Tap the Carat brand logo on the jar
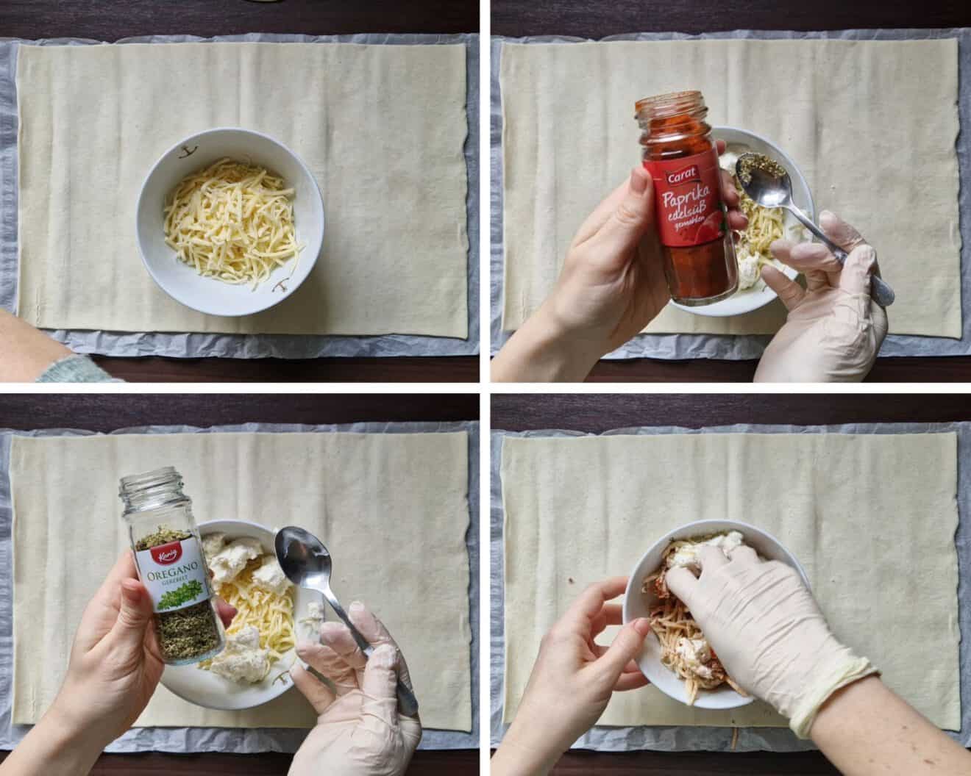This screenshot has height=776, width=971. (680, 176)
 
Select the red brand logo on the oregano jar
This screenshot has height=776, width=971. (157, 558)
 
